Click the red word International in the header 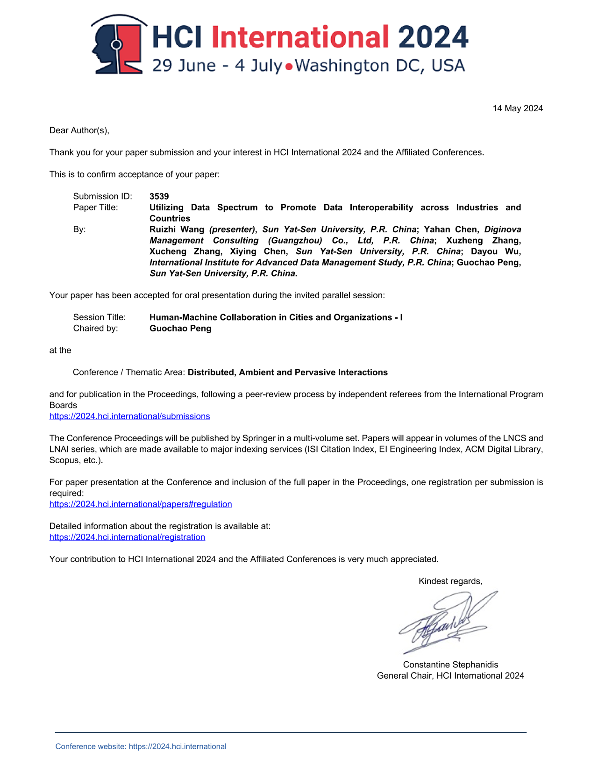click(x=300, y=37)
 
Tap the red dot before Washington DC click(x=289, y=67)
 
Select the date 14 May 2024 click(x=518, y=108)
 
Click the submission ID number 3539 click(x=159, y=196)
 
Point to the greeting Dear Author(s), click(x=79, y=130)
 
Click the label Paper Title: click(x=96, y=208)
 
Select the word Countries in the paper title click(x=170, y=218)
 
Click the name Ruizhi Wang click(x=177, y=229)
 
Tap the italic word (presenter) click(x=232, y=229)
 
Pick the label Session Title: click(x=100, y=317)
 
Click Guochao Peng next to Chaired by click(x=180, y=329)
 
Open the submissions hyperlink click(x=130, y=416)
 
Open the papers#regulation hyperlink click(x=141, y=504)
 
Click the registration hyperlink click(x=127, y=537)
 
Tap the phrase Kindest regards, click(x=450, y=581)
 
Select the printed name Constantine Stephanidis click(x=450, y=665)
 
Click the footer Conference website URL click(x=178, y=746)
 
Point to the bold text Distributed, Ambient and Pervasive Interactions click(x=288, y=373)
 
